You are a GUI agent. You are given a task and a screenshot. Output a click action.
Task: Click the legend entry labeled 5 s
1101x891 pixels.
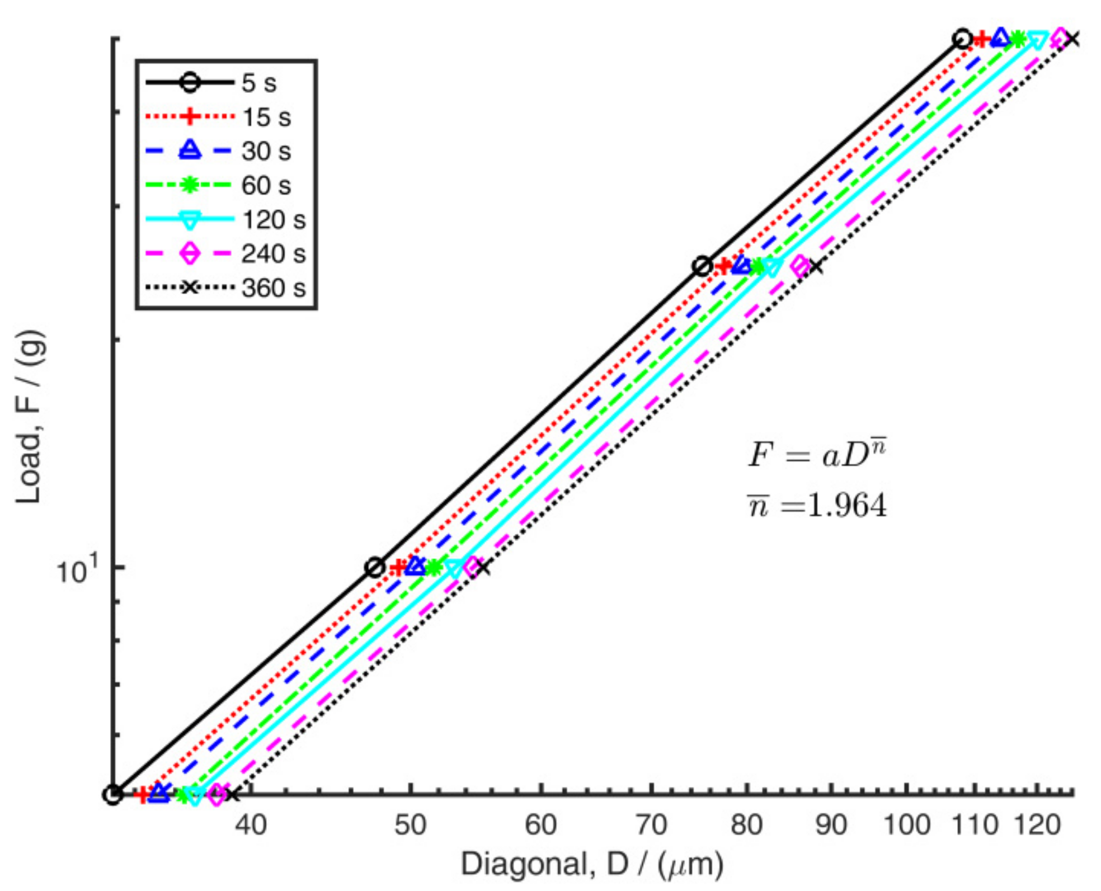(259, 83)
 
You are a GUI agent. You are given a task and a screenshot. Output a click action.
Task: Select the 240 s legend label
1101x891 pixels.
(274, 254)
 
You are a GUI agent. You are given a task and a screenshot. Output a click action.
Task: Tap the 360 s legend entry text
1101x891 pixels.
(274, 288)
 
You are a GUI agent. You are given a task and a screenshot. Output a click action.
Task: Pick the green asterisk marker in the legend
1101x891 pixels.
(190, 185)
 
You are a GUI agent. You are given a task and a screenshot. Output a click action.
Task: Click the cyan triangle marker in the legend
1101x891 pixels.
(190, 220)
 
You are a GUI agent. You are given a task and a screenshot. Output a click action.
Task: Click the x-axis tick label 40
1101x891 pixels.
(251, 825)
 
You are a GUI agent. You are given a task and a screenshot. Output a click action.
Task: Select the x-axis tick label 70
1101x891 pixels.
(651, 825)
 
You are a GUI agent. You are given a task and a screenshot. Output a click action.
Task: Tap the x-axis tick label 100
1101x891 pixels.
(906, 825)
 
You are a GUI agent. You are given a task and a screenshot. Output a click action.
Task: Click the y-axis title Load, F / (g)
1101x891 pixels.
(29, 417)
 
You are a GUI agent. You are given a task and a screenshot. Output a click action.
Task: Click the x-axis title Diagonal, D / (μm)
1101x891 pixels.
(592, 864)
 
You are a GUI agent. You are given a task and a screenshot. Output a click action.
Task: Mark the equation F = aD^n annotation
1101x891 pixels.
(817, 454)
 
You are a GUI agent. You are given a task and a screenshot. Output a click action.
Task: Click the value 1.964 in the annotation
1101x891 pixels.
(847, 506)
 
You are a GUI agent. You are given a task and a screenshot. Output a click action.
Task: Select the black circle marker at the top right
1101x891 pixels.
(962, 39)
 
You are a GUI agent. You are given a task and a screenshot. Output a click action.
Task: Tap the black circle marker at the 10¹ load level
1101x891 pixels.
(375, 568)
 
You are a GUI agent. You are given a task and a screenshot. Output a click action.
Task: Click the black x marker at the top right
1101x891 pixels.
(1072, 39)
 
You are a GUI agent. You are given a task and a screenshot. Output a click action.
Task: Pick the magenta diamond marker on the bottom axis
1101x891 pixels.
(217, 794)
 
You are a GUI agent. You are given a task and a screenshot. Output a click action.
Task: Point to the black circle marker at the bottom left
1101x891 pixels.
(113, 794)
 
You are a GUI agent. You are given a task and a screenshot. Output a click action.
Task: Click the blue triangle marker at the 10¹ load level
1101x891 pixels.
(415, 566)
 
